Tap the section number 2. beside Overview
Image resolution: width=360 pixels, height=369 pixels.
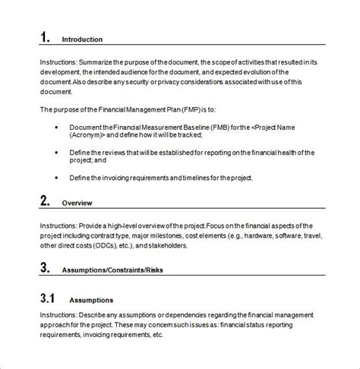click(45, 203)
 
